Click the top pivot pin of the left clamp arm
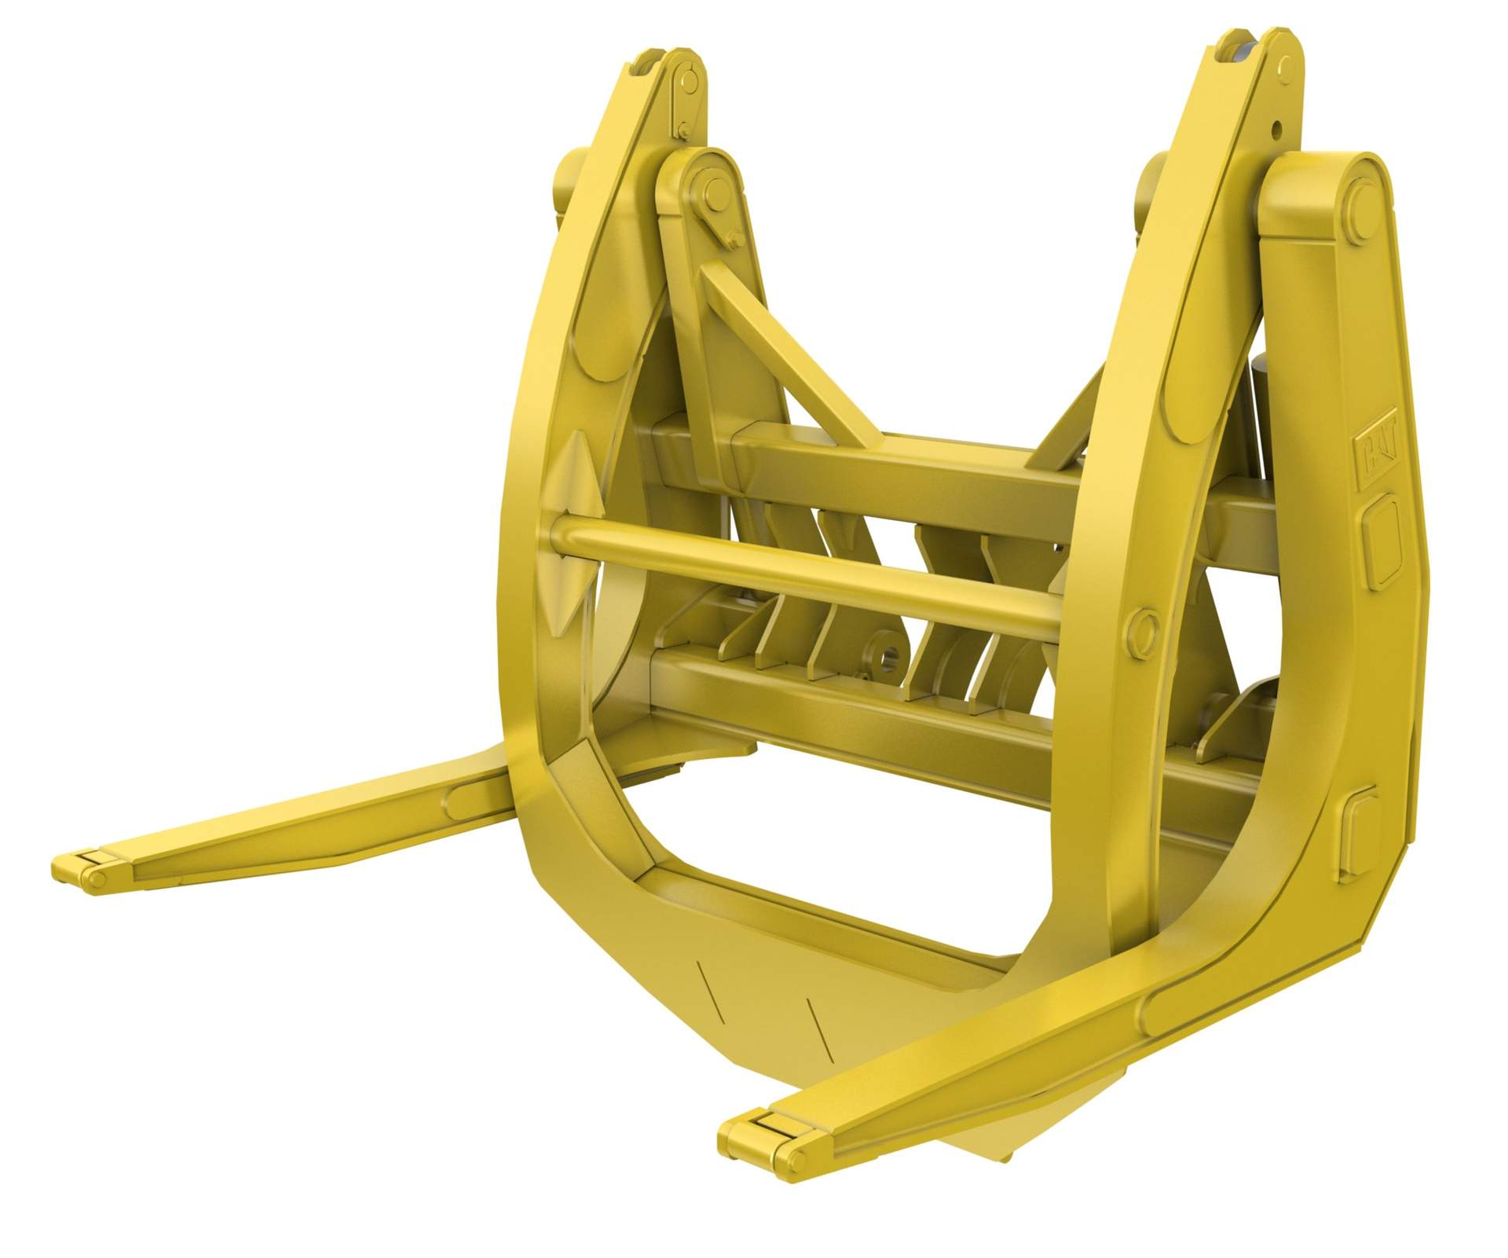689,80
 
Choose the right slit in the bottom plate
818,1025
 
